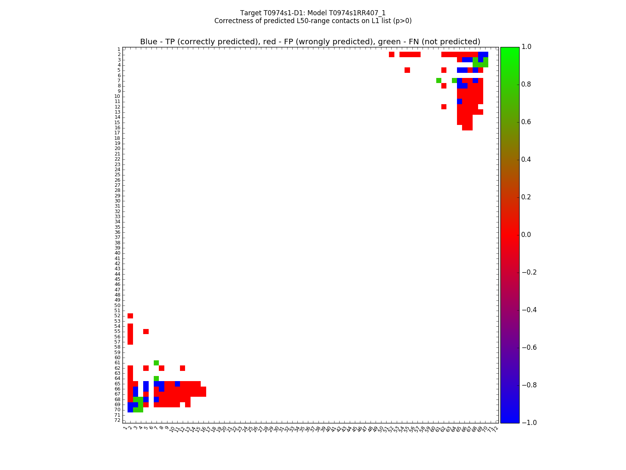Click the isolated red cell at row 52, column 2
click(x=130, y=316)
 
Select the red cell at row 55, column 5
click(x=146, y=331)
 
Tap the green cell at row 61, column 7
click(x=156, y=363)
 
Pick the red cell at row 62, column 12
click(x=182, y=368)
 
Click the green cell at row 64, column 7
click(x=156, y=378)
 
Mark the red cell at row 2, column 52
click(x=391, y=54)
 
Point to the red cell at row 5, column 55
click(x=407, y=70)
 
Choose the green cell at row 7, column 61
click(x=439, y=80)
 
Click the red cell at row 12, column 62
click(x=444, y=107)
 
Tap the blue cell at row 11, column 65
click(x=459, y=101)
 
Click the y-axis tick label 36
click(x=117, y=232)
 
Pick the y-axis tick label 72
click(x=117, y=420)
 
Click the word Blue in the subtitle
click(x=149, y=42)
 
